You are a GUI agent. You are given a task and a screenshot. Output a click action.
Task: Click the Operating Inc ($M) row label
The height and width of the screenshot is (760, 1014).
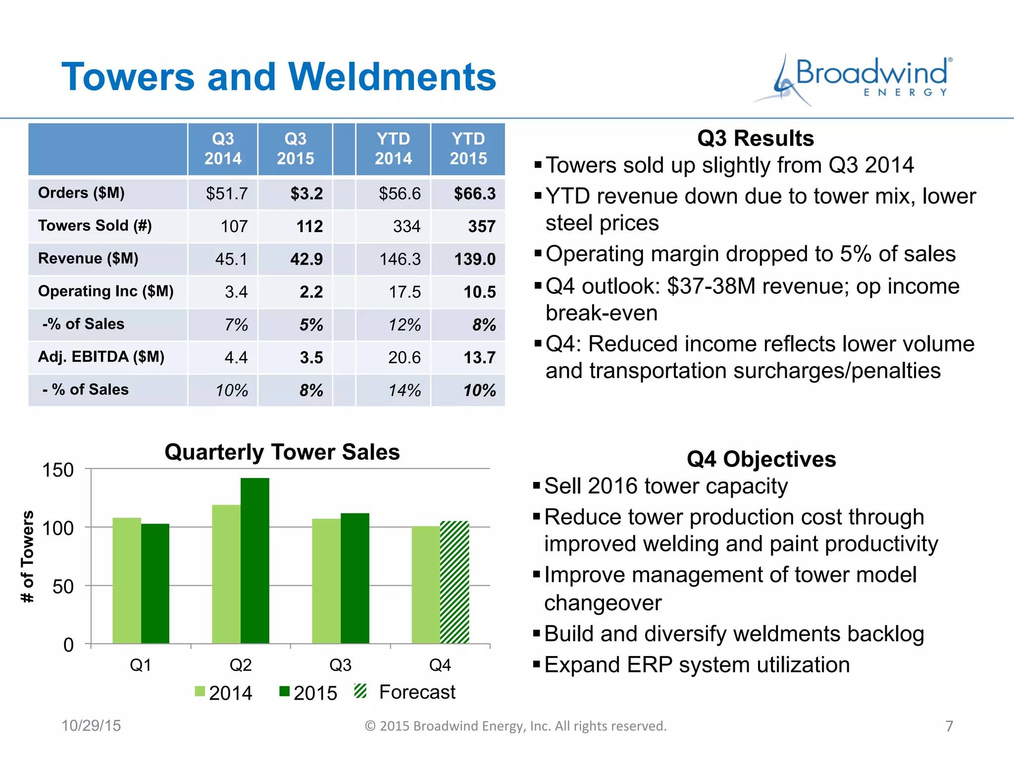[x=105, y=291]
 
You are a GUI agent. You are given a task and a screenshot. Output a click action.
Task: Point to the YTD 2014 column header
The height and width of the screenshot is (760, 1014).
[x=393, y=148]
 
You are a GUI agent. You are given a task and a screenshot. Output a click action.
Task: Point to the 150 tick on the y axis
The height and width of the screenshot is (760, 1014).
[x=58, y=470]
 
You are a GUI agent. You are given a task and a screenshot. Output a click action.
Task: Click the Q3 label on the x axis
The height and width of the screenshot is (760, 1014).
[x=340, y=665]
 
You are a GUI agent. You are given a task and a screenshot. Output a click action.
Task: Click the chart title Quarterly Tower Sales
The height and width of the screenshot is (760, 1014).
[x=282, y=452]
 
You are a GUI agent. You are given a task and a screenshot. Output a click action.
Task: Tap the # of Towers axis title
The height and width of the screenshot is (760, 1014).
[x=28, y=556]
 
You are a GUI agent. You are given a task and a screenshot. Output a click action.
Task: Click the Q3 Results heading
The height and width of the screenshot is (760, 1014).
[x=755, y=138]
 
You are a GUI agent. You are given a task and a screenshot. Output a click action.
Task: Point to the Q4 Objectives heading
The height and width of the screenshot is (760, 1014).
[x=761, y=459]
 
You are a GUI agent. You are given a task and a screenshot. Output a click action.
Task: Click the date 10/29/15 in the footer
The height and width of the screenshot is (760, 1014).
[x=91, y=725]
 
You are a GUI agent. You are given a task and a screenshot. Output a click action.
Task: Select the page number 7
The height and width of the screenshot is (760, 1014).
[x=949, y=726]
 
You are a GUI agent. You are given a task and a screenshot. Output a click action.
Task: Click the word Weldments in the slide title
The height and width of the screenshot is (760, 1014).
[x=392, y=77]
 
